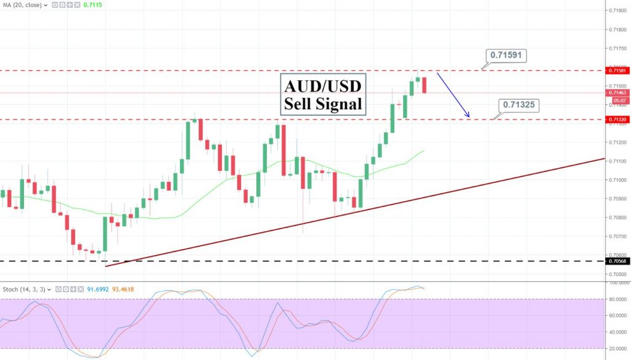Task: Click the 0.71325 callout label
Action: pos(518,105)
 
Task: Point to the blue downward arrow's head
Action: pos(469,116)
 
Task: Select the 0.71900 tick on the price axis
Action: pos(616,11)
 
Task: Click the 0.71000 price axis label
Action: pos(616,180)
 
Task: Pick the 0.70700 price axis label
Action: pos(616,236)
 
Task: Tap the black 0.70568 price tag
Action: pos(617,261)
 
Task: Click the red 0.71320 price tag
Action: pos(617,120)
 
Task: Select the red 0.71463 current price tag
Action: pos(617,92)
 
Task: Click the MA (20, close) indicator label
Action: pos(23,4)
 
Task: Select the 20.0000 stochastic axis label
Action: pos(617,348)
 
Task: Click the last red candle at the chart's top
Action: pos(425,85)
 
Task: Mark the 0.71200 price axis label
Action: pos(616,142)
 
